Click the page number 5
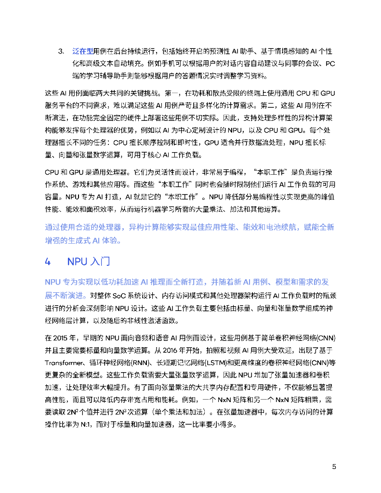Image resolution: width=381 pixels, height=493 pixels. coord(334,467)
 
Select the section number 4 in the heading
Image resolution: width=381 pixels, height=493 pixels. coord(47,261)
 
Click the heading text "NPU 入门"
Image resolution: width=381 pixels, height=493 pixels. coord(89,261)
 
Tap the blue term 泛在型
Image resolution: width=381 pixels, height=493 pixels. coord(82,51)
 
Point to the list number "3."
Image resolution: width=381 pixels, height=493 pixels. coord(61,51)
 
